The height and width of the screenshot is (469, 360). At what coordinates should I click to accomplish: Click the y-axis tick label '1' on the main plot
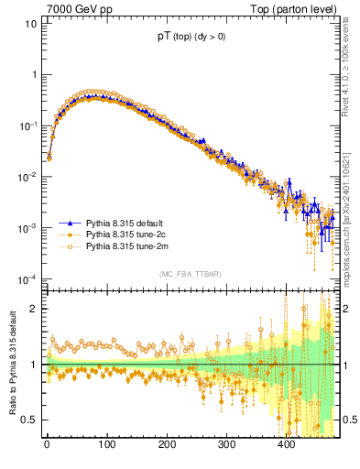(x=34, y=75)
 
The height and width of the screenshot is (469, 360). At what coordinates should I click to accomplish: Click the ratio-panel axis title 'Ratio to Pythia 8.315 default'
(x=11, y=363)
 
